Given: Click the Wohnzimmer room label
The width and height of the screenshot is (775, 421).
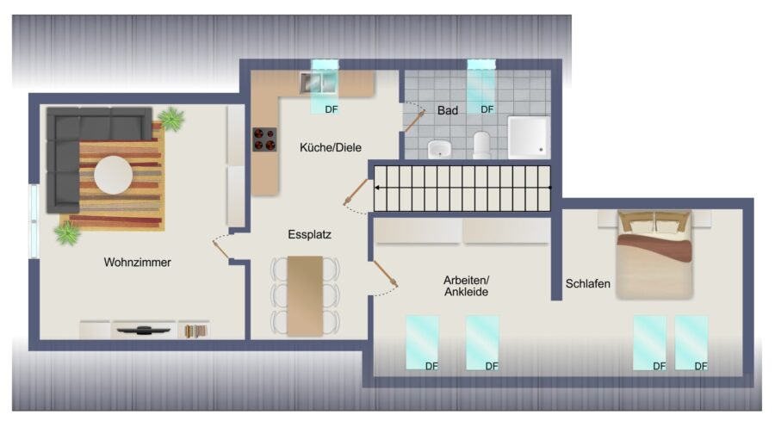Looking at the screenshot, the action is [138, 262].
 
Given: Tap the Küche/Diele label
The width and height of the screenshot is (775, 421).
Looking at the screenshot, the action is [330, 147].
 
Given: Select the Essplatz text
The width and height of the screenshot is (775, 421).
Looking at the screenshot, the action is [309, 234].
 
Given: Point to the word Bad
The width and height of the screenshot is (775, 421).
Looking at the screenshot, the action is [447, 111].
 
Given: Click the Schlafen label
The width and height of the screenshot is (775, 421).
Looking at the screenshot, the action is [587, 283].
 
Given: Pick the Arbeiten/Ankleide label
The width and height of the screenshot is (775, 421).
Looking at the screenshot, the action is [466, 286].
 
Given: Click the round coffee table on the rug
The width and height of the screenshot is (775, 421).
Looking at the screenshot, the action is [113, 175].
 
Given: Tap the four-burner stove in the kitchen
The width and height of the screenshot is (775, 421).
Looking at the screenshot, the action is [264, 139].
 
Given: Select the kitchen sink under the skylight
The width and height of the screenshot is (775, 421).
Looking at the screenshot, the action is [319, 83].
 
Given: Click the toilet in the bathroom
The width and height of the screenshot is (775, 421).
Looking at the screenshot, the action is [481, 145].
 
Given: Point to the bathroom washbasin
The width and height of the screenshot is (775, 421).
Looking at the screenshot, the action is [439, 149].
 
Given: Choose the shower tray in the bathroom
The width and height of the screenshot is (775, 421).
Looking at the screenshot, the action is [529, 137].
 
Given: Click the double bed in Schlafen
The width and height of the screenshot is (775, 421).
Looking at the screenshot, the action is [654, 255].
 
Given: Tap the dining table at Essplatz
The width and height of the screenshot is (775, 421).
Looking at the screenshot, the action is [305, 295].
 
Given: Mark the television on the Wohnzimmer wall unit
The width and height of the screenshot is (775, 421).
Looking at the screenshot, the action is [143, 330].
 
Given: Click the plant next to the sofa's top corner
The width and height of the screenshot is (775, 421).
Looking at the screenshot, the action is [171, 119].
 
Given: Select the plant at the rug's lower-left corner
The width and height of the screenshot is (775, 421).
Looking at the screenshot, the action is [67, 233].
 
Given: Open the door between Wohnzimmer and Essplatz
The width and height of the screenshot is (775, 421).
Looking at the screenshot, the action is [220, 249].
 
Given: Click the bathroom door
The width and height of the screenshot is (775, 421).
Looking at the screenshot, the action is [415, 122].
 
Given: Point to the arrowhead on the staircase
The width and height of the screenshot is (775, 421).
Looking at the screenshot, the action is [377, 188].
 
